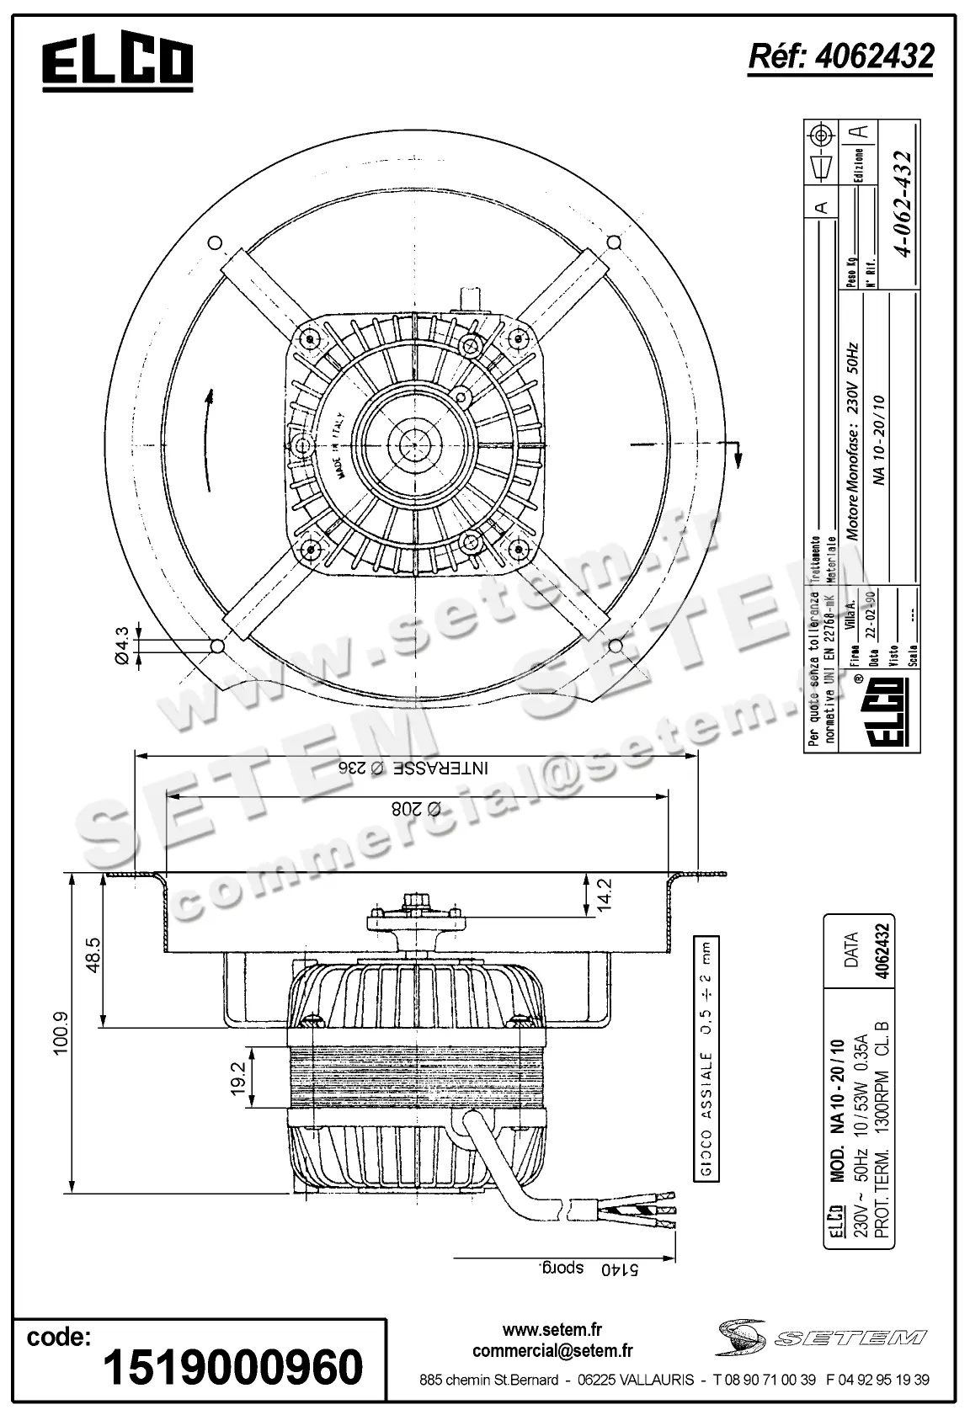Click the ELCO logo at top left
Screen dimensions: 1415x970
coord(118,63)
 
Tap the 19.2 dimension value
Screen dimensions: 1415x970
coord(237,1077)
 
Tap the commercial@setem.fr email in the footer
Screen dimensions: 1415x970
coord(552,1351)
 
